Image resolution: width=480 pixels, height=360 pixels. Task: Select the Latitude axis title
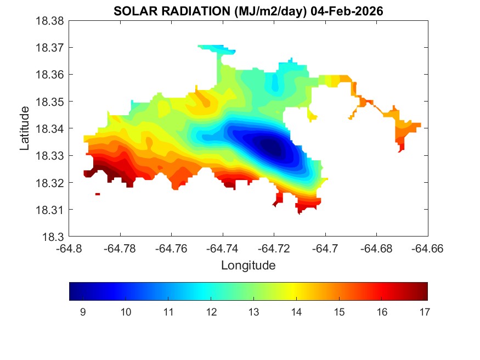(25, 129)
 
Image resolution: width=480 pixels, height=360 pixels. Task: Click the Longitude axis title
(248, 266)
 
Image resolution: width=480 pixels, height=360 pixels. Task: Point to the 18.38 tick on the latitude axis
(51, 21)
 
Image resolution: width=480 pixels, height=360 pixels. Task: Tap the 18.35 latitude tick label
(51, 102)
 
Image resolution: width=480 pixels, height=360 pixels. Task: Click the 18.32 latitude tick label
(51, 183)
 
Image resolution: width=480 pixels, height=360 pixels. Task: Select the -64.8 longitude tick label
(70, 249)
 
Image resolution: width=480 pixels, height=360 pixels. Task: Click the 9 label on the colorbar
(83, 312)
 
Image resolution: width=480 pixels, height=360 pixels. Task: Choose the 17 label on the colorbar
(423, 312)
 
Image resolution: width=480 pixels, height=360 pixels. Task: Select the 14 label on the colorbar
(296, 312)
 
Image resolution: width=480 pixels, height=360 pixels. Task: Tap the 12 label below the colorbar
(211, 312)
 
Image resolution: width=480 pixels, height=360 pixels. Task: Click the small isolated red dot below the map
(98, 194)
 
